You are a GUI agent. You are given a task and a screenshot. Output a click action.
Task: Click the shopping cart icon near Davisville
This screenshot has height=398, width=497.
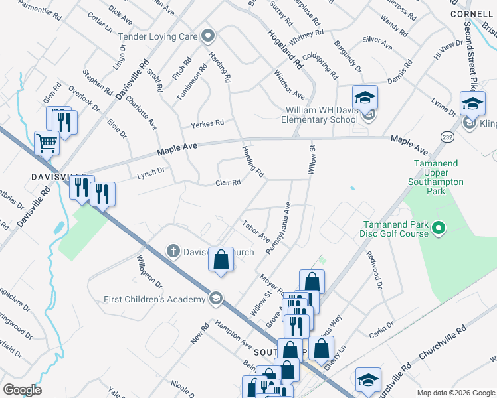[46, 142]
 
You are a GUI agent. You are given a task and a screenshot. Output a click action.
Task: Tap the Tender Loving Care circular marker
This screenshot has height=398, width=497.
[209, 36]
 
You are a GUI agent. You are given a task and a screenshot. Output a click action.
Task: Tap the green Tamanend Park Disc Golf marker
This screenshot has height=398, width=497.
[437, 230]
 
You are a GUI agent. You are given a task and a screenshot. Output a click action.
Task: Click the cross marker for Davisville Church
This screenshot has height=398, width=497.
[173, 251]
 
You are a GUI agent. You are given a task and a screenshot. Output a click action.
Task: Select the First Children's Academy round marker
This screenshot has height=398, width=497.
[215, 298]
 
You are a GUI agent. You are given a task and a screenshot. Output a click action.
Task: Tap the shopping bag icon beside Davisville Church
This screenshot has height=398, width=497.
[221, 259]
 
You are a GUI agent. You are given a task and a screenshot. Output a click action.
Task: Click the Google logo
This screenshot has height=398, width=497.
[22, 389]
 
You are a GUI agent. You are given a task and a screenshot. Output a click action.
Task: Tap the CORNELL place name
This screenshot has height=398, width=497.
[471, 13]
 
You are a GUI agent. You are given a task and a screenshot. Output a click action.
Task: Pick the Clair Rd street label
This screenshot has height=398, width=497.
[227, 182]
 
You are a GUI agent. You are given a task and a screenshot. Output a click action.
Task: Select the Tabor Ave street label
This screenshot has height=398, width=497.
[256, 231]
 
